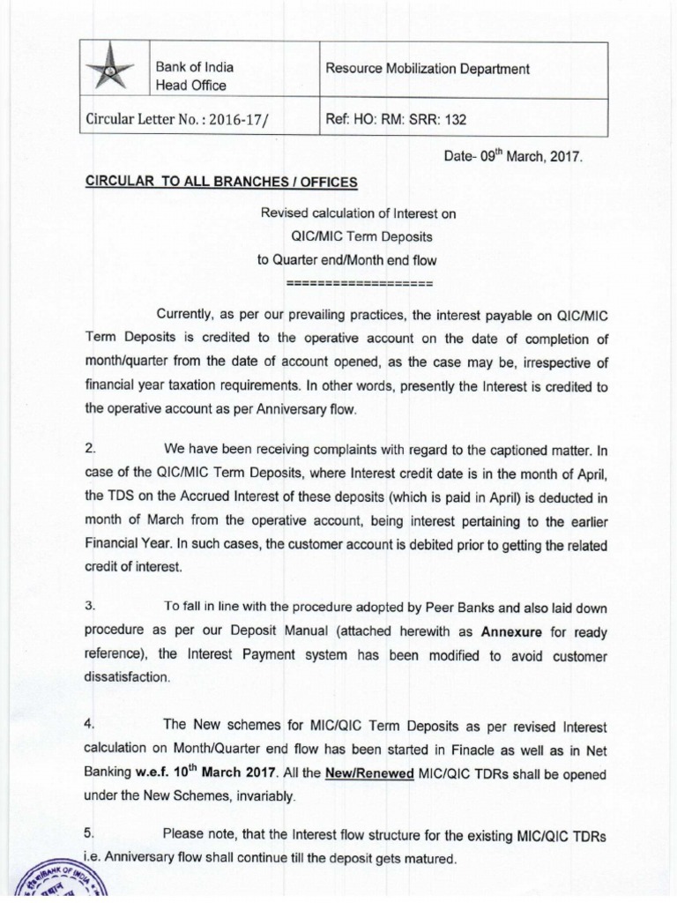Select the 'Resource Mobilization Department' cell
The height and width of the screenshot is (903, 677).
click(x=428, y=68)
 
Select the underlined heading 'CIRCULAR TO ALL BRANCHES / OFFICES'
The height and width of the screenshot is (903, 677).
click(x=221, y=182)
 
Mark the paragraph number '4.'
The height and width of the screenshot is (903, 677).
click(x=91, y=724)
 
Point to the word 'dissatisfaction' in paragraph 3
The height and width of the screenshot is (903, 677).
click(x=123, y=677)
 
